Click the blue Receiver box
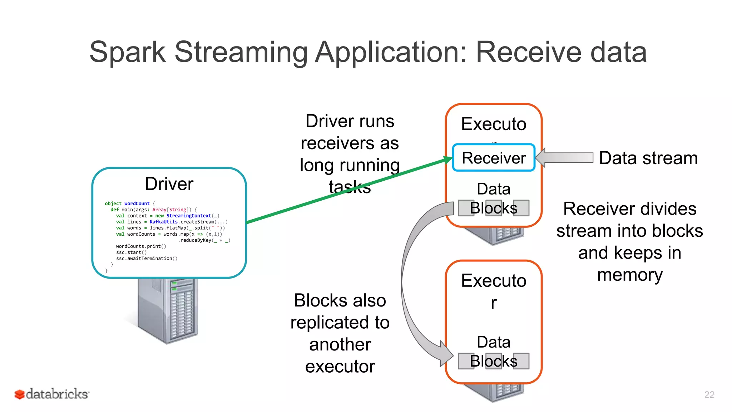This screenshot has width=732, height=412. point(493,158)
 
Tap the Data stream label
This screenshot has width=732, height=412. point(648,158)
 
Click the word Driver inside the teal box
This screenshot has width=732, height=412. point(169,184)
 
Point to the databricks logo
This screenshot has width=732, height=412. point(52,394)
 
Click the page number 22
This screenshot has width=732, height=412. point(709,394)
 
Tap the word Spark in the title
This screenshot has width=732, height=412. point(127,52)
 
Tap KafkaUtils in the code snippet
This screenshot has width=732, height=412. point(163,222)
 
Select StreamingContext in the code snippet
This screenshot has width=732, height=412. point(188,216)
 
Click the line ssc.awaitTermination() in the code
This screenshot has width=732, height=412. point(147,258)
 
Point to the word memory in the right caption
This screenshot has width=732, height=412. point(630,275)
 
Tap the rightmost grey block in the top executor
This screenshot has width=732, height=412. point(521,208)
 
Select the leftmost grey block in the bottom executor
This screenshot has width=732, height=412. point(466,361)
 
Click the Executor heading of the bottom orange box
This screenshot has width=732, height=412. point(494,281)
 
